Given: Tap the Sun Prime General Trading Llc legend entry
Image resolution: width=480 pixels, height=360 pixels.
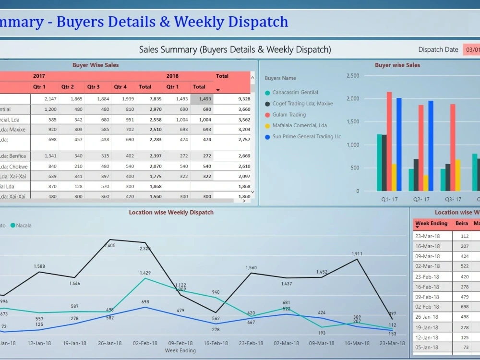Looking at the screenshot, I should pos(306,137).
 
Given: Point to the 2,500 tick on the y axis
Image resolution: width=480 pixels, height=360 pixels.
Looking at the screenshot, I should pos(352,76).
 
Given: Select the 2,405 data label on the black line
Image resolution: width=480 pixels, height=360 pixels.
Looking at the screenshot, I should pos(109,246).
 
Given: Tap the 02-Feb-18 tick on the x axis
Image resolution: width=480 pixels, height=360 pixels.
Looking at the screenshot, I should pos(145,343).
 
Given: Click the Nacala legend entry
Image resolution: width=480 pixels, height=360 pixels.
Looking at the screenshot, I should pos(23,225).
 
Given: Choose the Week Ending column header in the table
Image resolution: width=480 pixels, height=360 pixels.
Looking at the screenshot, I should pos(431,224).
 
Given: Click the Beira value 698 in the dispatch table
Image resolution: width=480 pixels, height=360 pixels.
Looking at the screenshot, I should pos(464,307).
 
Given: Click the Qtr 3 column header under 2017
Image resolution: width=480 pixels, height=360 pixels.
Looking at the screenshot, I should pos(93,87).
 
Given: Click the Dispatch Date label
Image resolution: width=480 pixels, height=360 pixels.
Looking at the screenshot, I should pos(438,49).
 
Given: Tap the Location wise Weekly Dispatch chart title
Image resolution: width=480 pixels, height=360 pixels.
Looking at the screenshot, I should pos(171,212).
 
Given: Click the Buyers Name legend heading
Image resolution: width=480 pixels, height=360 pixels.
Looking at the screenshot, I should pos(280,78).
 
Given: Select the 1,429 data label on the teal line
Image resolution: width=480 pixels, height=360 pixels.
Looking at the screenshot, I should pos(145,273).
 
